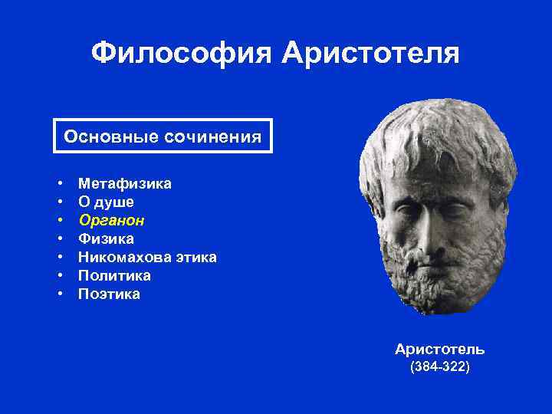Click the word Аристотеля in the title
pyautogui.click(x=370, y=54)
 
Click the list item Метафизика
pyautogui.click(x=125, y=184)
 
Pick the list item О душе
pyautogui.click(x=106, y=202)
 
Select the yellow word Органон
pyautogui.click(x=112, y=221)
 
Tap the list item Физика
pyautogui.click(x=106, y=239)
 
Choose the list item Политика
pyautogui.click(x=114, y=276)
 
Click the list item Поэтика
pyautogui.click(x=109, y=294)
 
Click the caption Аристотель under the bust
pyautogui.click(x=439, y=350)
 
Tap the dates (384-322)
pyautogui.click(x=440, y=367)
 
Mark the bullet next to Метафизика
pyautogui.click(x=59, y=185)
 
